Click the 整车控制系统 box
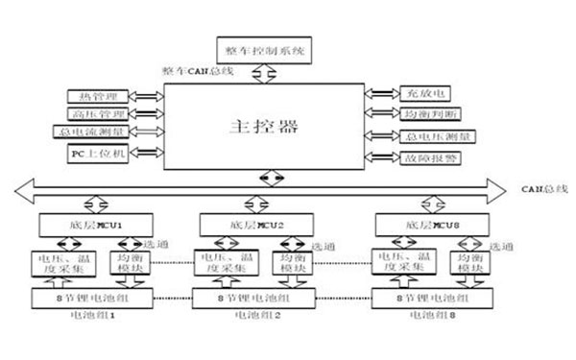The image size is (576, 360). pyautogui.click(x=261, y=49)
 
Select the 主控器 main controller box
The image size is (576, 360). pyautogui.click(x=262, y=127)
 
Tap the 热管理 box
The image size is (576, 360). pyautogui.click(x=99, y=96)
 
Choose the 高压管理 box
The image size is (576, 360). pyautogui.click(x=99, y=113)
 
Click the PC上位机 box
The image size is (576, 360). pyautogui.click(x=99, y=153)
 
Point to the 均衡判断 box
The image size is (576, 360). pyautogui.click(x=423, y=114)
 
